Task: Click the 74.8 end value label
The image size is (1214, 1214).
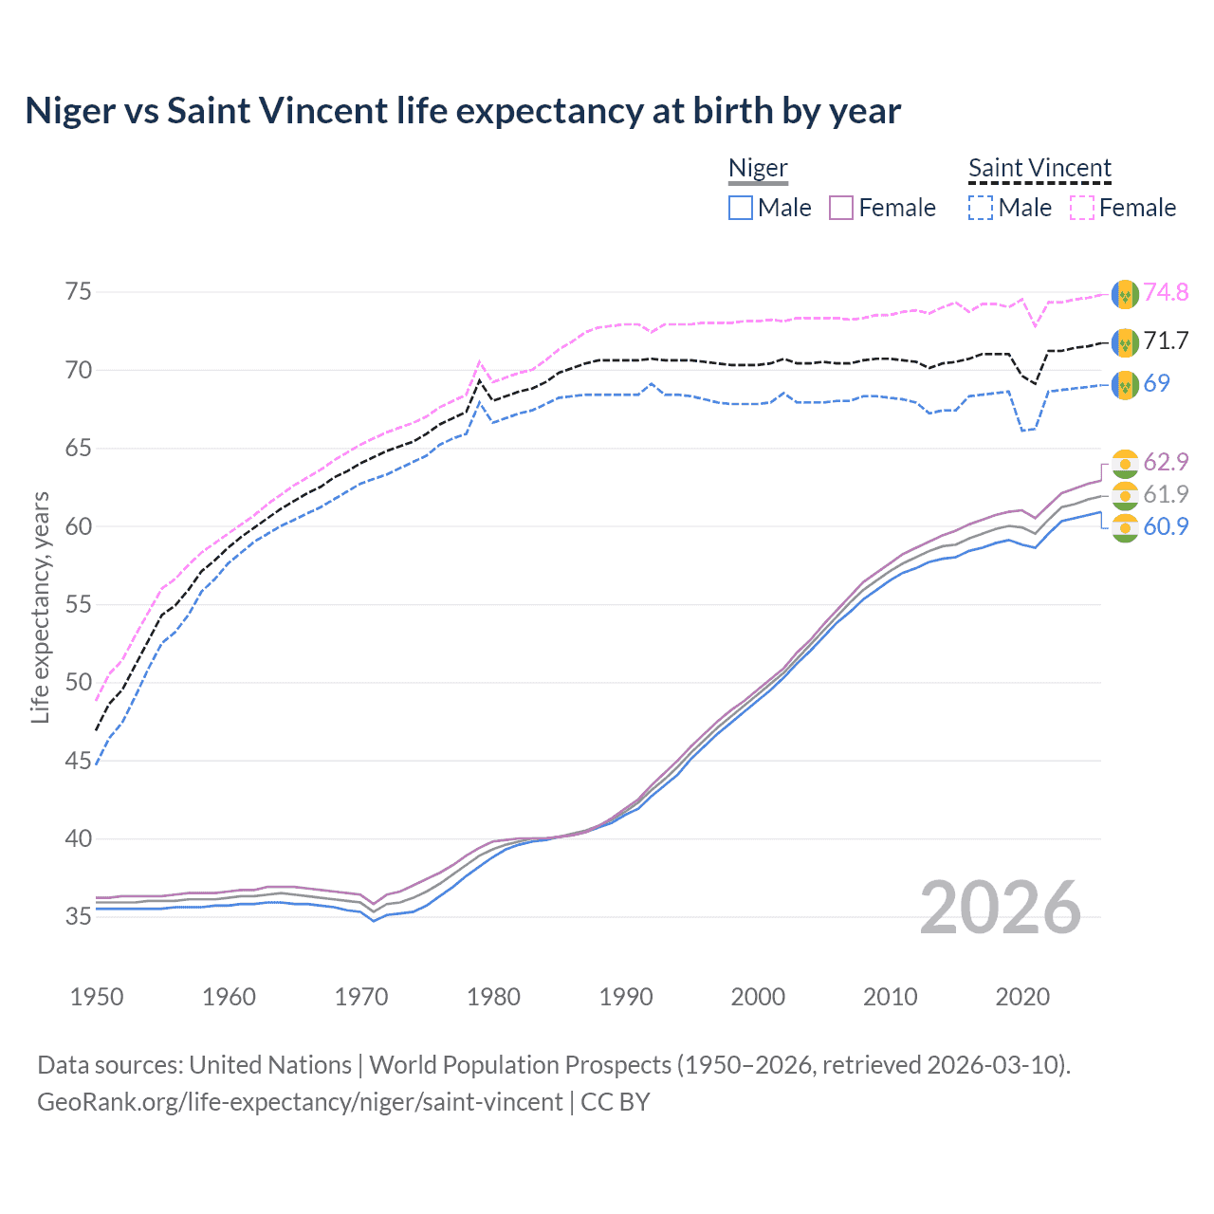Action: [1166, 292]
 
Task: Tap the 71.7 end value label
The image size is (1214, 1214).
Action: [1166, 340]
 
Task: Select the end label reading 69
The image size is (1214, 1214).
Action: [1156, 383]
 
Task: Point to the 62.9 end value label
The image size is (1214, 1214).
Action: [1166, 462]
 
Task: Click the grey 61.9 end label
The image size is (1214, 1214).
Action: [1166, 494]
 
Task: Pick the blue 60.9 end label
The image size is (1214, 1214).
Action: [1166, 526]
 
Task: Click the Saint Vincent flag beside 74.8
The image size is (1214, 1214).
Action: [1125, 294]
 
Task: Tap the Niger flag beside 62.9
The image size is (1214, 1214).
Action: [1125, 463]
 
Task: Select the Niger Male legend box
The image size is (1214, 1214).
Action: [741, 208]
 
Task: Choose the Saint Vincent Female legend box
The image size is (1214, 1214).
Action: [1082, 208]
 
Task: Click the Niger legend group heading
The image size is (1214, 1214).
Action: [758, 168]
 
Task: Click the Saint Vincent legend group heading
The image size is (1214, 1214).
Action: [1039, 168]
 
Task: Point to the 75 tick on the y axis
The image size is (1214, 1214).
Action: [79, 291]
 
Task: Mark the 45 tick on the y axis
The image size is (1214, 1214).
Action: [79, 761]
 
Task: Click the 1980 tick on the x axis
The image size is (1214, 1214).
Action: [493, 997]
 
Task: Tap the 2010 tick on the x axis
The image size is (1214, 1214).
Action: [890, 997]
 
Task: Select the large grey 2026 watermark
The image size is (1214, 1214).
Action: [1000, 908]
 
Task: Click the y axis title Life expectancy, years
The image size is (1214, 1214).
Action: [40, 607]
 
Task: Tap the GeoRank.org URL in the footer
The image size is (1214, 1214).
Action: [300, 1102]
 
